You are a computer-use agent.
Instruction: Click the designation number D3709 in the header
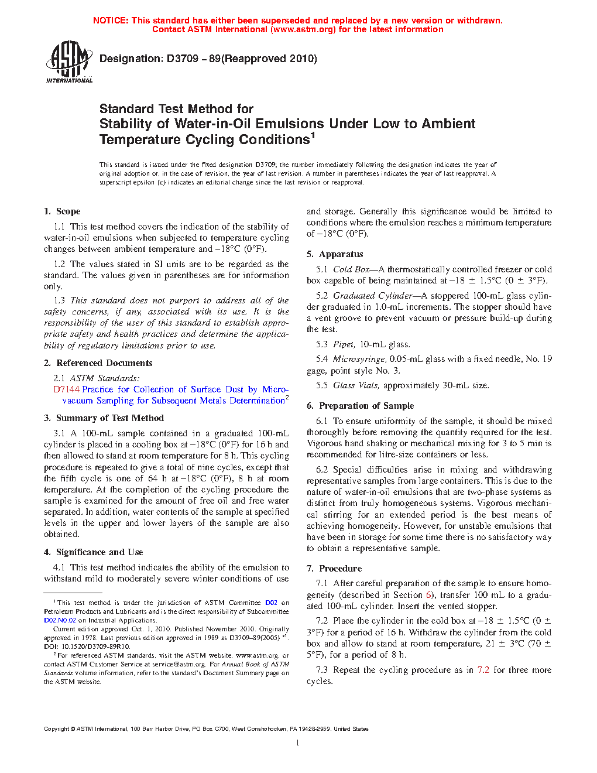(x=182, y=59)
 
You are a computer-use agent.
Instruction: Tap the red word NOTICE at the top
(x=111, y=20)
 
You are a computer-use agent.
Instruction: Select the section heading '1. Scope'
(x=62, y=211)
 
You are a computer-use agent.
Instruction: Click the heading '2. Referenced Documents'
(x=98, y=363)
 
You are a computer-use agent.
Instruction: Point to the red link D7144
(x=66, y=389)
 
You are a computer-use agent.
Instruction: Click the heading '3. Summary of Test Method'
(x=104, y=418)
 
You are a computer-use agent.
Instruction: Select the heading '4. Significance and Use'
(x=93, y=552)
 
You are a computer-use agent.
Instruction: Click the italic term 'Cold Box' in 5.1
(x=351, y=269)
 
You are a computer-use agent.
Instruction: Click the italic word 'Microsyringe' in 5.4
(x=359, y=359)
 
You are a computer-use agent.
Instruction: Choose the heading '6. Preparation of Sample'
(x=360, y=406)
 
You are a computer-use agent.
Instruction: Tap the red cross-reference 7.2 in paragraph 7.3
(x=483, y=670)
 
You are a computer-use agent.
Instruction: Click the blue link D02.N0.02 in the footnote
(x=60, y=620)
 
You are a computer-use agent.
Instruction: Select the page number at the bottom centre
(x=298, y=743)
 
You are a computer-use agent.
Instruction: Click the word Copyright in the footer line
(x=57, y=729)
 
